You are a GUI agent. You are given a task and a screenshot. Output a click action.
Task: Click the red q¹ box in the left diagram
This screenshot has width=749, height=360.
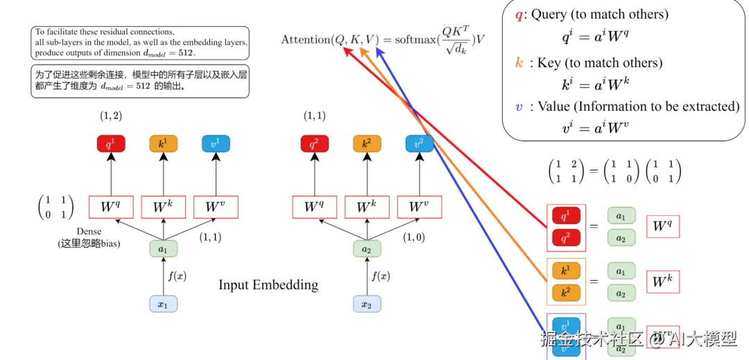[110, 144]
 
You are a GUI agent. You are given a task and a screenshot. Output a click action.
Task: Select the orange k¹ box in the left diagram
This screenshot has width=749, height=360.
[163, 144]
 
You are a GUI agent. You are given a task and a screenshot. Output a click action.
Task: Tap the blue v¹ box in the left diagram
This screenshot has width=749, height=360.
[216, 144]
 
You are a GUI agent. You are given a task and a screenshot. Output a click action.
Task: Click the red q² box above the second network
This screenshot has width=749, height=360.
[314, 144]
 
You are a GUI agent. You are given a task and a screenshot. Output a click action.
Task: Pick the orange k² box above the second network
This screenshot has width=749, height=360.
[367, 144]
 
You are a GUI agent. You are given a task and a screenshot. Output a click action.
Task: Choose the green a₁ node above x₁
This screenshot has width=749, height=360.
[163, 248]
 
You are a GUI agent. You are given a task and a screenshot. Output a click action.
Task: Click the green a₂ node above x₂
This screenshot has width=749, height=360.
[367, 248]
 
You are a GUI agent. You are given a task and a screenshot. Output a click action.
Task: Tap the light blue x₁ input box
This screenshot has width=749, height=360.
[163, 304]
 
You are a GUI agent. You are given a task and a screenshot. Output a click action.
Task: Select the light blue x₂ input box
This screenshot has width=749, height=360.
[367, 304]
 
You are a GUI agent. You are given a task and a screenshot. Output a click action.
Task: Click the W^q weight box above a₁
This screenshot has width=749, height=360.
[110, 207]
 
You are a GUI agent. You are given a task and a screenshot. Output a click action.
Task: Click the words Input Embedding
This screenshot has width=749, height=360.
[268, 285]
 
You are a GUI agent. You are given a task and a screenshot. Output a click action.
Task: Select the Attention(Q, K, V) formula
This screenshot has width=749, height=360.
[382, 40]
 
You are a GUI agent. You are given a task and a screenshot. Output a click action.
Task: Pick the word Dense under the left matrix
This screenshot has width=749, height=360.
[89, 231]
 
